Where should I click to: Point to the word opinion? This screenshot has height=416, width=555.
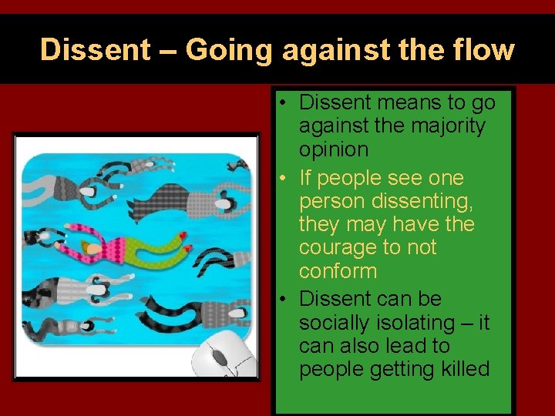pos(333,149)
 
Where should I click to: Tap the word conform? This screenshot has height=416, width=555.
pos(338,271)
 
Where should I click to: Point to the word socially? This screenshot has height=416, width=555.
pos(336,323)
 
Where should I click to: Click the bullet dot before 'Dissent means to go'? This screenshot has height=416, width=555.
pos(284,103)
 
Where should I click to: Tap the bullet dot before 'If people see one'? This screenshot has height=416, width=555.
pos(284,179)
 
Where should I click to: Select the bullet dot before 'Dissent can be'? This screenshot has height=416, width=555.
pos(284,299)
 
